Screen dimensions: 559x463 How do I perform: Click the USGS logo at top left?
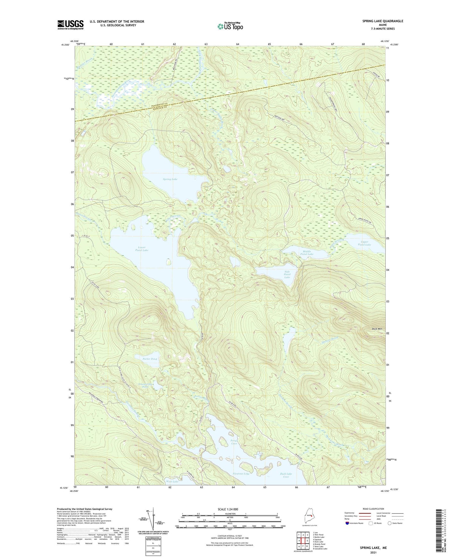pyautogui.click(x=70, y=25)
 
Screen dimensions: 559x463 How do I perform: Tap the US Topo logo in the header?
pyautogui.click(x=230, y=26)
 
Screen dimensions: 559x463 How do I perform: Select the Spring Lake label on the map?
pyautogui.click(x=170, y=179)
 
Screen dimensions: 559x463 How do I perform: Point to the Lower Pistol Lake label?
pyautogui.click(x=142, y=249)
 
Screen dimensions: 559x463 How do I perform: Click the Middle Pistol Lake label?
pyautogui.click(x=307, y=253)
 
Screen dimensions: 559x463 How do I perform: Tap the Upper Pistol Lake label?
pyautogui.click(x=364, y=243)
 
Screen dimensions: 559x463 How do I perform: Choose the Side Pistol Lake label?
pyautogui.click(x=287, y=274)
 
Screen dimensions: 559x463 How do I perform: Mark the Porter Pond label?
pyautogui.click(x=150, y=359)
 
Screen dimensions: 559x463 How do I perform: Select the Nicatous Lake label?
pyautogui.click(x=241, y=474)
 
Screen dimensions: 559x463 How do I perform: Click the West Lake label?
pyautogui.click(x=172, y=482)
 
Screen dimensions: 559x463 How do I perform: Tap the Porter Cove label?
pyautogui.click(x=234, y=442)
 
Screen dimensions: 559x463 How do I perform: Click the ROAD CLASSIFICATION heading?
pyautogui.click(x=373, y=509)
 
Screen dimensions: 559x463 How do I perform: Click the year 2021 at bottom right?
pyautogui.click(x=373, y=553)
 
